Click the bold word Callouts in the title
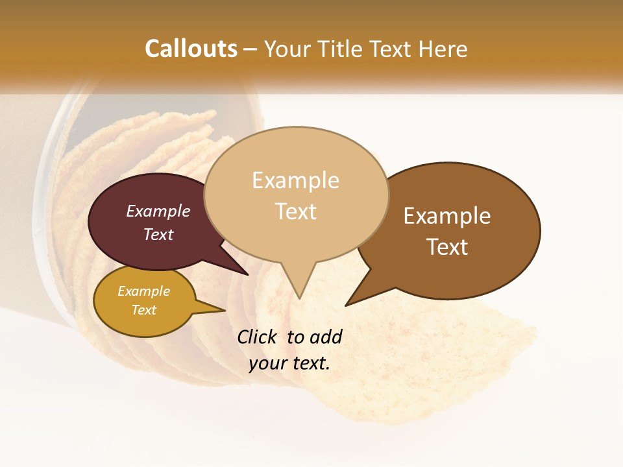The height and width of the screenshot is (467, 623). pyautogui.click(x=191, y=49)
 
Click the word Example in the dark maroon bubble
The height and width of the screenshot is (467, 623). pyautogui.click(x=158, y=211)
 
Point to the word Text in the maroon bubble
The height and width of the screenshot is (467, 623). pyautogui.click(x=158, y=234)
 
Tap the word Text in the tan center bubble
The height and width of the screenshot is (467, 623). pyautogui.click(x=296, y=211)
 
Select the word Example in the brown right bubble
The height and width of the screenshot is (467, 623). pyautogui.click(x=447, y=215)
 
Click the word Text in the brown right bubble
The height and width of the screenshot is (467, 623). pyautogui.click(x=447, y=246)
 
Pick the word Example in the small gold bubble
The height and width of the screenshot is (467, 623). pyautogui.click(x=144, y=291)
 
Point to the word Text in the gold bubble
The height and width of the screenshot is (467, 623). pyautogui.click(x=144, y=310)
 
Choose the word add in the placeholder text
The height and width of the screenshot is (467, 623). pyautogui.click(x=325, y=337)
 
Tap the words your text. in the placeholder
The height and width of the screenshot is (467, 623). pyautogui.click(x=289, y=363)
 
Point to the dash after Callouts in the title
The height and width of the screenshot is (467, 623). pyautogui.click(x=250, y=49)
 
